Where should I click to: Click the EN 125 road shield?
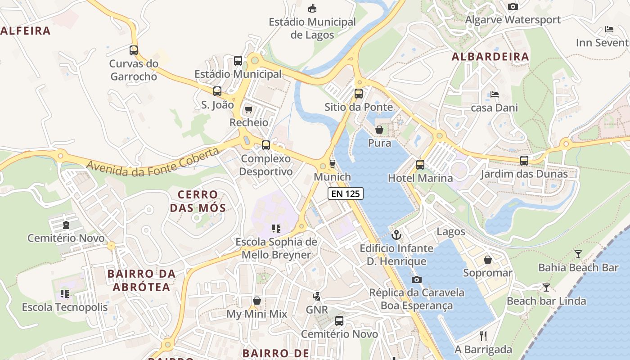click(345, 193)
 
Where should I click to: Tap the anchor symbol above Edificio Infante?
click(396, 234)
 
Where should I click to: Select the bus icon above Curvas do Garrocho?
click(134, 50)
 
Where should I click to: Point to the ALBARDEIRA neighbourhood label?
click(490, 57)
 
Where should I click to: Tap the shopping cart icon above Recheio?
click(248, 109)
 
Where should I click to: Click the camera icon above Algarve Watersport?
click(513, 6)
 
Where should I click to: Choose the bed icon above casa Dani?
click(495, 94)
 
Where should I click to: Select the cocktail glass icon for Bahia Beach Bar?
click(578, 254)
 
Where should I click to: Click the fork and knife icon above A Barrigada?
click(483, 336)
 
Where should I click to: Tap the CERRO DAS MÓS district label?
click(198, 201)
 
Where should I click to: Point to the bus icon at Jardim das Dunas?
click(524, 161)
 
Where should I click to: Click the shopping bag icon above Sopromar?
click(488, 260)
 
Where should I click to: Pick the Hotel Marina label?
click(420, 178)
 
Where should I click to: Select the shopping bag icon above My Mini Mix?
click(256, 300)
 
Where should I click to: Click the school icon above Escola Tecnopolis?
click(65, 294)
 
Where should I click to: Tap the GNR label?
click(317, 310)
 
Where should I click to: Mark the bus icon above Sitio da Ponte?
click(358, 94)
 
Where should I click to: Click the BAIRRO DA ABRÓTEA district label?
click(141, 280)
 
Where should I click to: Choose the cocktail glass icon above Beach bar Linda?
click(546, 288)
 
